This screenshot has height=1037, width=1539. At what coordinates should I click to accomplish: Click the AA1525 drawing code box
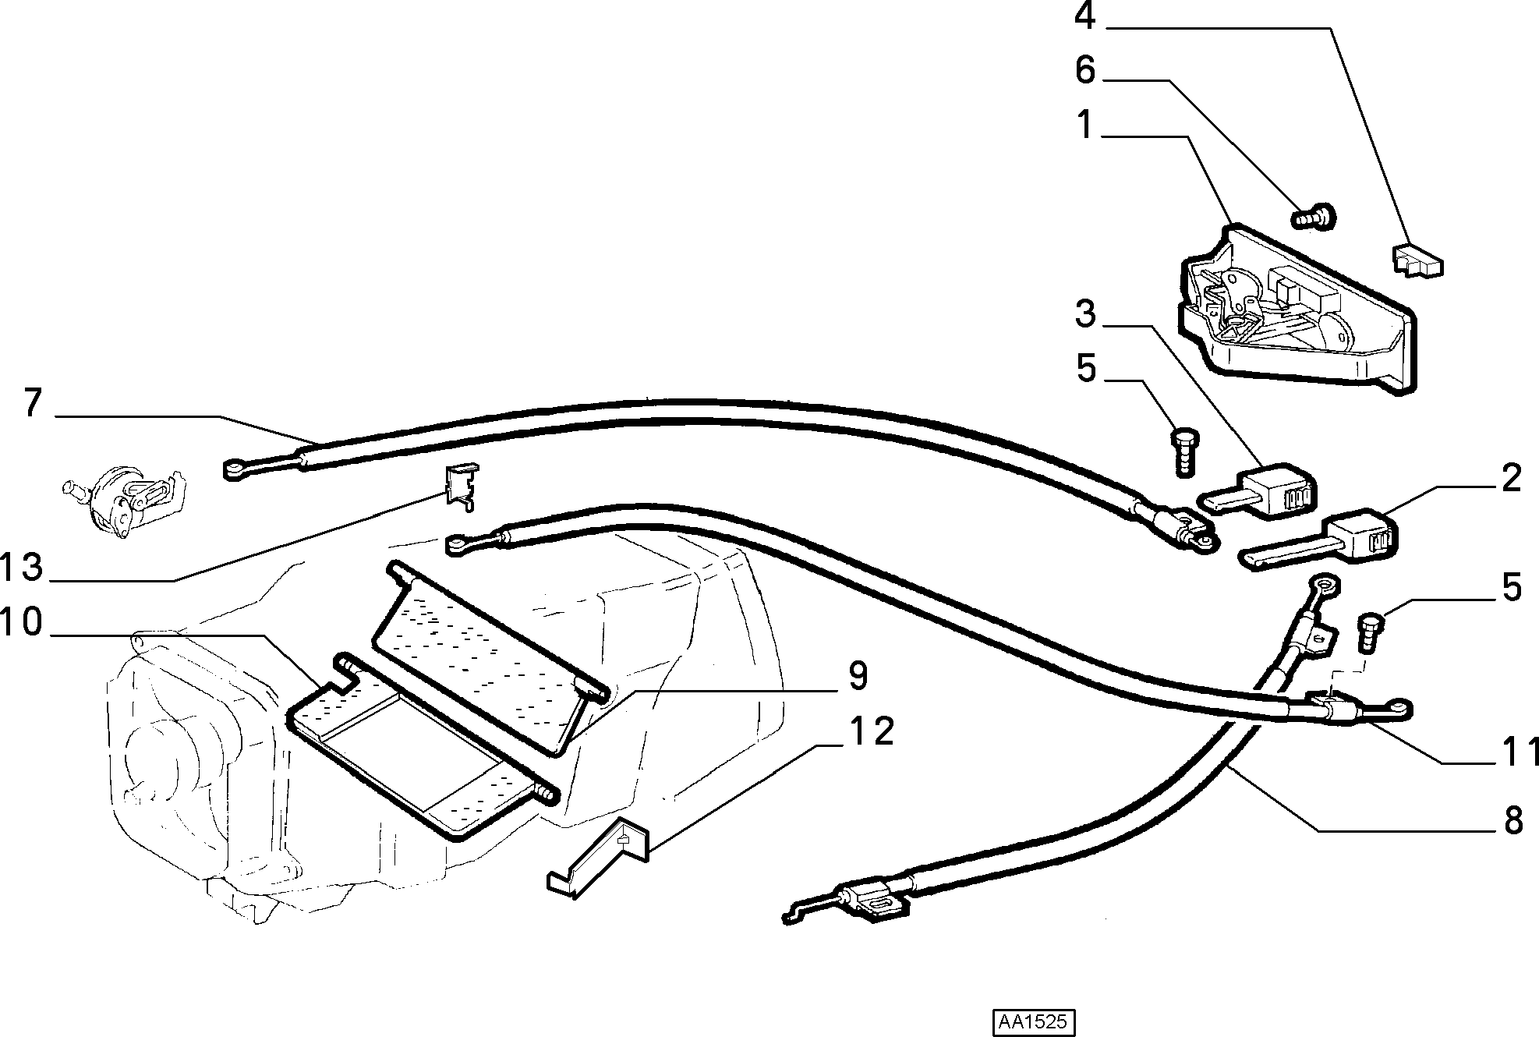(1033, 1022)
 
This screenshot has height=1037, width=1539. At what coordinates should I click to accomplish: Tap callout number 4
(1084, 16)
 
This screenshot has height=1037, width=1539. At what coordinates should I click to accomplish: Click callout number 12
(872, 731)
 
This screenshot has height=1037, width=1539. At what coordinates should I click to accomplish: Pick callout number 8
(1512, 821)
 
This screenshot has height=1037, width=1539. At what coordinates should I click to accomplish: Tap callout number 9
(858, 676)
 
